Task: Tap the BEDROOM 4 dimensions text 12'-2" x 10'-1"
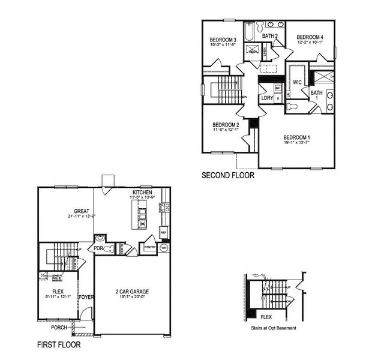coord(310,42)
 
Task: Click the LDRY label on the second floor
coord(267,98)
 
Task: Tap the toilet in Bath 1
coord(292,106)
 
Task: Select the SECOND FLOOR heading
coord(228,176)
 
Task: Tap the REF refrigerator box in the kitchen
coord(163,232)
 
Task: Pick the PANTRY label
coord(148,247)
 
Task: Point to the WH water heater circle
coord(163,247)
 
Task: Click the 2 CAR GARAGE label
coord(132,292)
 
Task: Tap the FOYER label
coord(86,296)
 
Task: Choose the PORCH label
coord(59,328)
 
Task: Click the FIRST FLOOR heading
coord(59,345)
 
